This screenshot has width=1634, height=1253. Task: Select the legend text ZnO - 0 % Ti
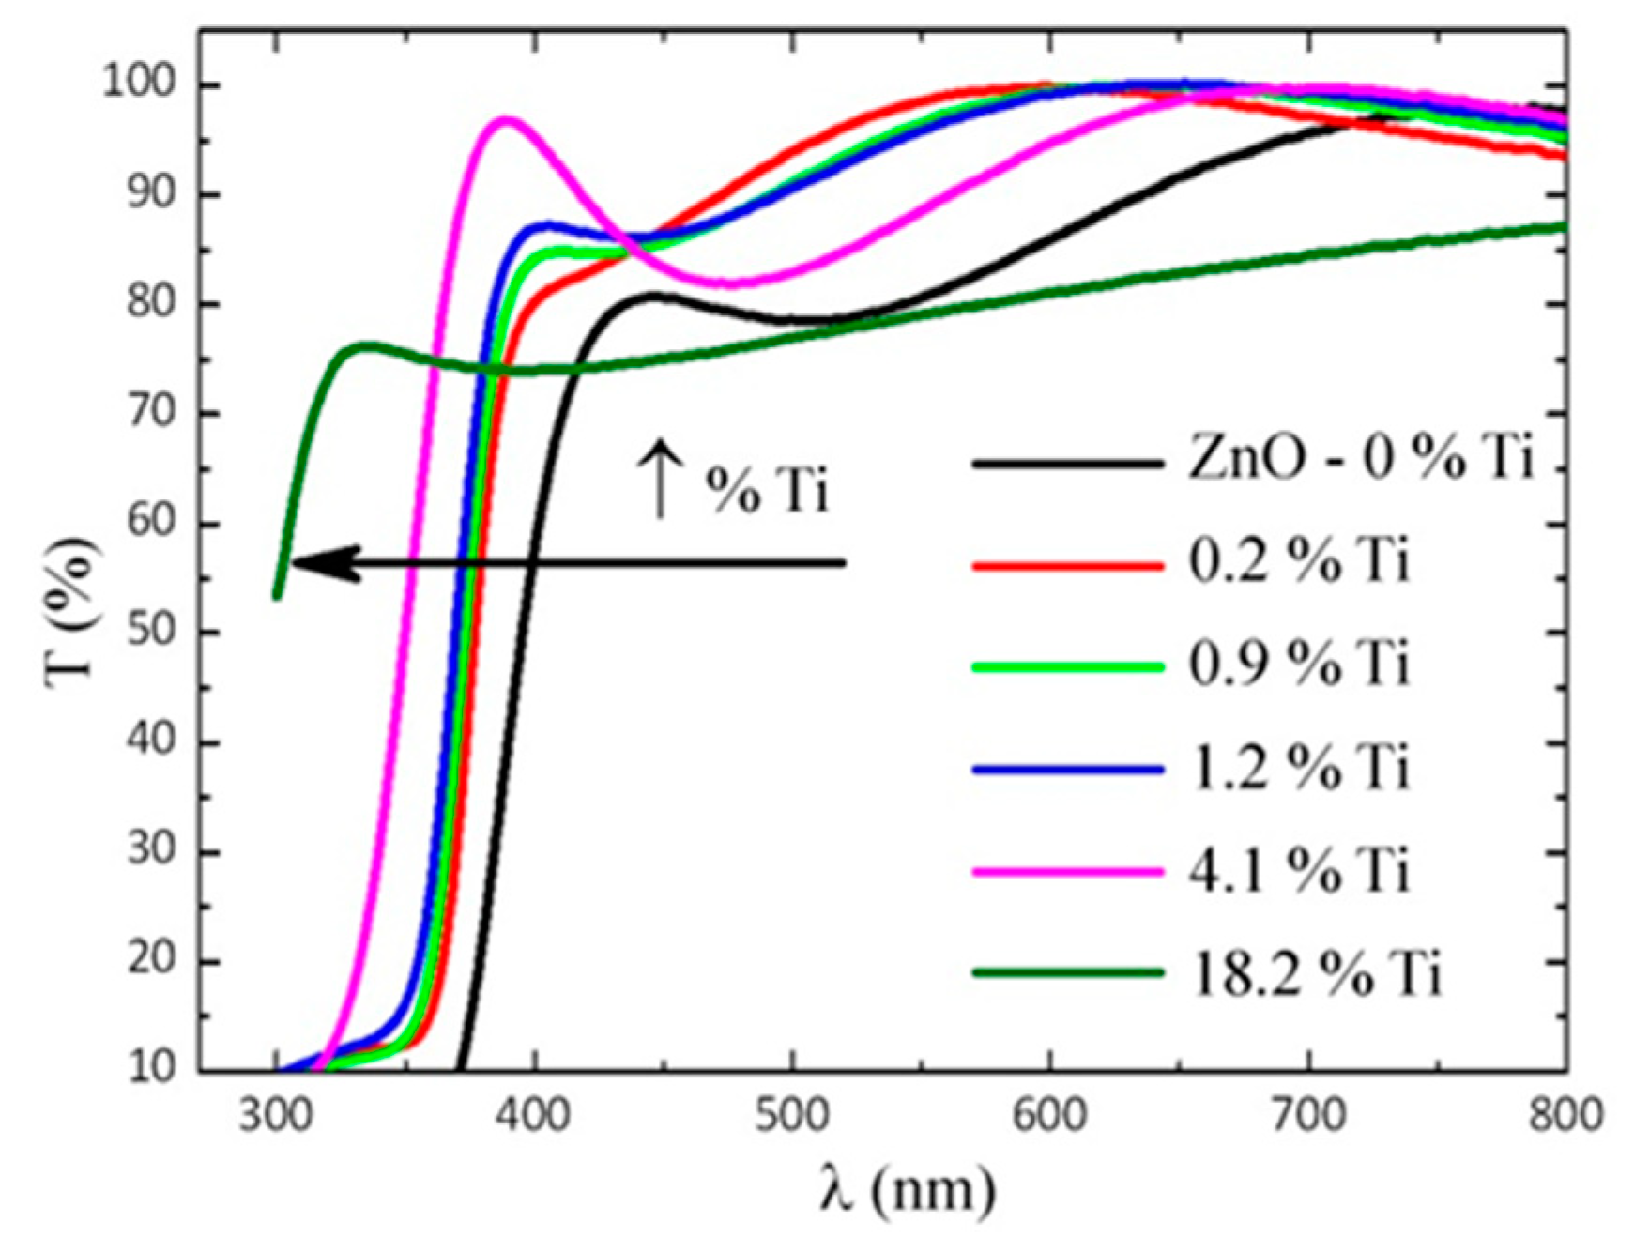(x=1360, y=460)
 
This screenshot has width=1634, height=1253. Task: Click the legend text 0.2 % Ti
(x=1300, y=562)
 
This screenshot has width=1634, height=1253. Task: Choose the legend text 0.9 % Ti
(x=1300, y=665)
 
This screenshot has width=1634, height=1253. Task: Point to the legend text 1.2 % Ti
(x=1300, y=768)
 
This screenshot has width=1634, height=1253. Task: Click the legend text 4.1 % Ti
(x=1300, y=870)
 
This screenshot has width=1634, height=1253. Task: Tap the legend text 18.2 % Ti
(x=1315, y=973)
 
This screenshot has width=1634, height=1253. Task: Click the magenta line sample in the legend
(x=1067, y=871)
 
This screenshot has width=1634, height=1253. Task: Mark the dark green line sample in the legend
(x=1067, y=973)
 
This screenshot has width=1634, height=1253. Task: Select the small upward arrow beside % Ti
(x=661, y=478)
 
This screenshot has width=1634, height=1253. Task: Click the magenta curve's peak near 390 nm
(x=505, y=119)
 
